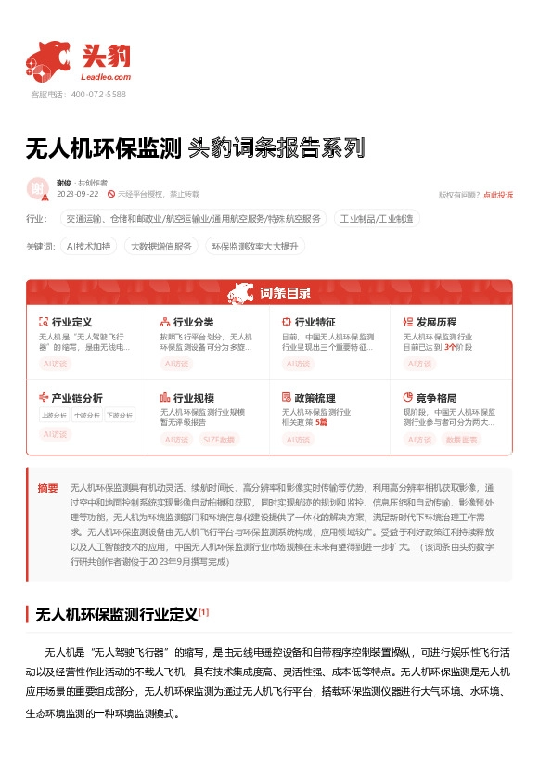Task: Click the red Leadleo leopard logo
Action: [48, 59]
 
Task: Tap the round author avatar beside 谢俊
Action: [38, 188]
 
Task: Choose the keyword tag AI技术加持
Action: [90, 247]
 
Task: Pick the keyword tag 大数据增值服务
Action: [161, 247]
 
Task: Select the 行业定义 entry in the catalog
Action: [71, 322]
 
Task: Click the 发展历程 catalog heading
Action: [436, 322]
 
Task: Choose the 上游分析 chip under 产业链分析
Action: [54, 415]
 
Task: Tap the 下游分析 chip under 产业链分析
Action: [118, 415]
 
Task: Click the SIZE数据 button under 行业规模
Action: [219, 439]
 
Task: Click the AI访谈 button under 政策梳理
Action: [299, 439]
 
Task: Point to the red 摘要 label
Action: [47, 488]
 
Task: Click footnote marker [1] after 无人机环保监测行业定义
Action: [204, 611]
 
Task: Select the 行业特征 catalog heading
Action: [315, 322]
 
